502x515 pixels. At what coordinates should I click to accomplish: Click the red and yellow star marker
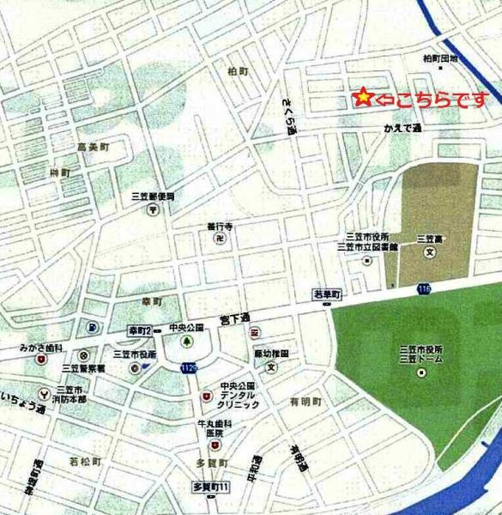point(364,99)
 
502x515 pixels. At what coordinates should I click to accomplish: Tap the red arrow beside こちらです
point(384,99)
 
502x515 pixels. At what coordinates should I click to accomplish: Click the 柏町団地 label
point(441,58)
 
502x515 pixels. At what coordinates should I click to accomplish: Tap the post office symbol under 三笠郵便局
point(151,208)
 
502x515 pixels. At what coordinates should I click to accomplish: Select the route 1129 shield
point(188,367)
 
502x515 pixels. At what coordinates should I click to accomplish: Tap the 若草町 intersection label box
point(326,294)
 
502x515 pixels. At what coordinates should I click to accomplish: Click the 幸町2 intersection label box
point(139,330)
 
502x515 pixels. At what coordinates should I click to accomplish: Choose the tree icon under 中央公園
point(185,341)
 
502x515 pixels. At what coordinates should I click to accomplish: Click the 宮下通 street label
point(233,319)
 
